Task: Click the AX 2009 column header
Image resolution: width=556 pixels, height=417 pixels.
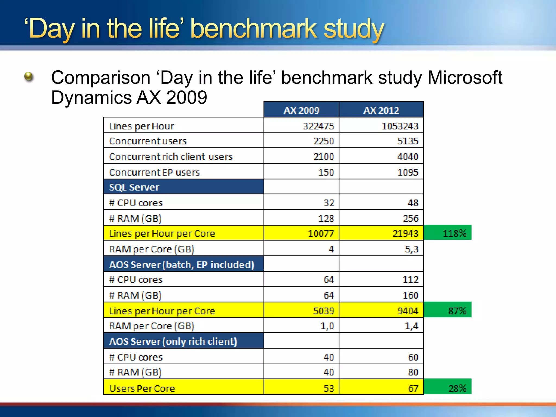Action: [301, 110]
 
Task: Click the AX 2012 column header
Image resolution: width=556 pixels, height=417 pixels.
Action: [381, 110]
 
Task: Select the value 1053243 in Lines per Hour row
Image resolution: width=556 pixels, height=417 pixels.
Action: [400, 126]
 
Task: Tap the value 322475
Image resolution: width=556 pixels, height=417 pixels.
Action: [318, 126]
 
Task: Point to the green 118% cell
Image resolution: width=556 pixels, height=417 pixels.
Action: [447, 233]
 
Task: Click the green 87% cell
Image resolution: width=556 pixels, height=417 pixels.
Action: [447, 310]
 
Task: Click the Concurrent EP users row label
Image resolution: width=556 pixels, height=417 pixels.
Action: [154, 172]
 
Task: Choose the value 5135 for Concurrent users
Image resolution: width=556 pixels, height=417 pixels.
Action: [407, 141]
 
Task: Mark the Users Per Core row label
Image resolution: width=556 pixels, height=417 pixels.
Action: [142, 388]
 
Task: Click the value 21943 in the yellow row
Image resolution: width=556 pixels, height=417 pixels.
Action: [405, 233]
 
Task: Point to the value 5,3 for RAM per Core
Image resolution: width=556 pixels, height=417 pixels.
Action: [411, 249]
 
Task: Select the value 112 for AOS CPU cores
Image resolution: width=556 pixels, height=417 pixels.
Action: [410, 280]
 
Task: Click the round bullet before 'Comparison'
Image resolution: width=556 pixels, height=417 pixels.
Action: [29, 77]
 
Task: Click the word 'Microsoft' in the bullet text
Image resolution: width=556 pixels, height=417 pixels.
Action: [465, 78]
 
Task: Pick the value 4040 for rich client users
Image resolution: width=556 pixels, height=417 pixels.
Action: [407, 157]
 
